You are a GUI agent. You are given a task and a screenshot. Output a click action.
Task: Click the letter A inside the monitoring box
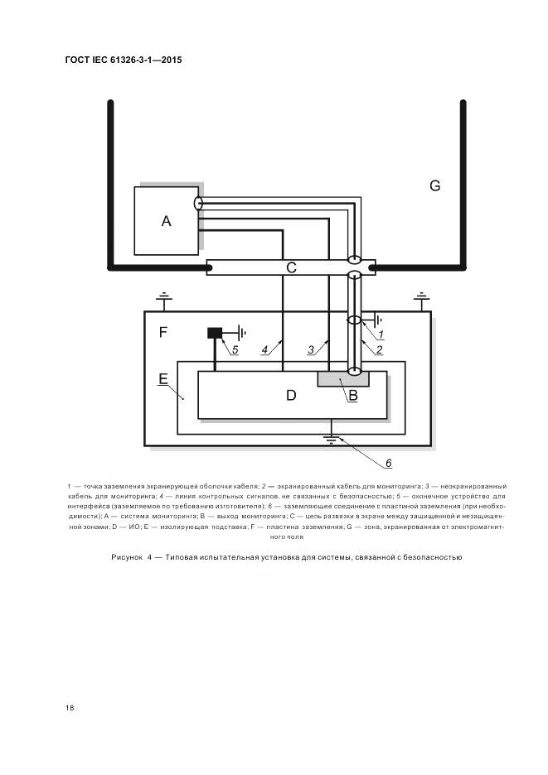click(x=166, y=221)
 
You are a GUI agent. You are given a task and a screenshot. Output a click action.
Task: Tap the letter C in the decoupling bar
click(x=291, y=267)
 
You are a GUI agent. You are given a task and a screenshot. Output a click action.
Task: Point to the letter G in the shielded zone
click(x=434, y=185)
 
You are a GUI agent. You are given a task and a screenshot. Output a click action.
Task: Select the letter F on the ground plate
click(x=163, y=332)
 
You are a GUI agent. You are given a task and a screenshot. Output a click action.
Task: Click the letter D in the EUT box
click(x=291, y=395)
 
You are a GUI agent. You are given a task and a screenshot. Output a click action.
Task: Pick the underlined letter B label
click(x=352, y=396)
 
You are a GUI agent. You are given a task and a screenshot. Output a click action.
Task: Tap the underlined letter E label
click(x=163, y=379)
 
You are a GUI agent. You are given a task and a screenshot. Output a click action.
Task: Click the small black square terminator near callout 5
click(x=215, y=333)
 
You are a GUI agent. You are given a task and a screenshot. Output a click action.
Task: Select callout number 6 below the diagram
click(x=387, y=461)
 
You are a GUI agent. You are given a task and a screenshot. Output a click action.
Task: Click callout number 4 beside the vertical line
click(x=264, y=349)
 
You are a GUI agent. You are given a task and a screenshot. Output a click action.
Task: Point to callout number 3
click(x=311, y=349)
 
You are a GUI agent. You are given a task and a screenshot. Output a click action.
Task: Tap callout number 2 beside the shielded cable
click(x=379, y=350)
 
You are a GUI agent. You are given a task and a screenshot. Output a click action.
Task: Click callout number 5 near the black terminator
click(x=235, y=349)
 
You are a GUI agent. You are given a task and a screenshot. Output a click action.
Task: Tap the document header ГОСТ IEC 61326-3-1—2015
click(x=124, y=60)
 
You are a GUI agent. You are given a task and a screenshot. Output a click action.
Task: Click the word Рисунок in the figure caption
click(x=128, y=557)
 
